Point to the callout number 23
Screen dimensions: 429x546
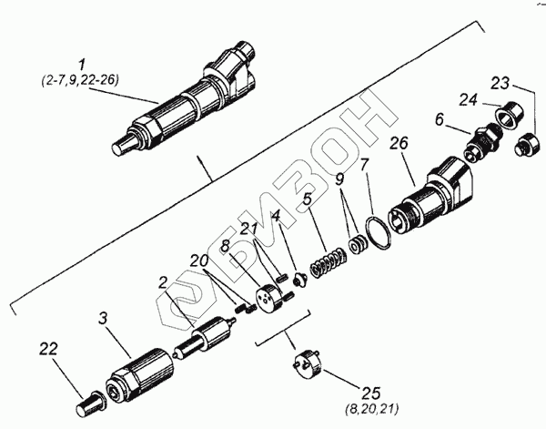pos(501,83)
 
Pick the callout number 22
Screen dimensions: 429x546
pos(48,348)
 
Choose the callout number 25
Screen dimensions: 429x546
pos(370,394)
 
